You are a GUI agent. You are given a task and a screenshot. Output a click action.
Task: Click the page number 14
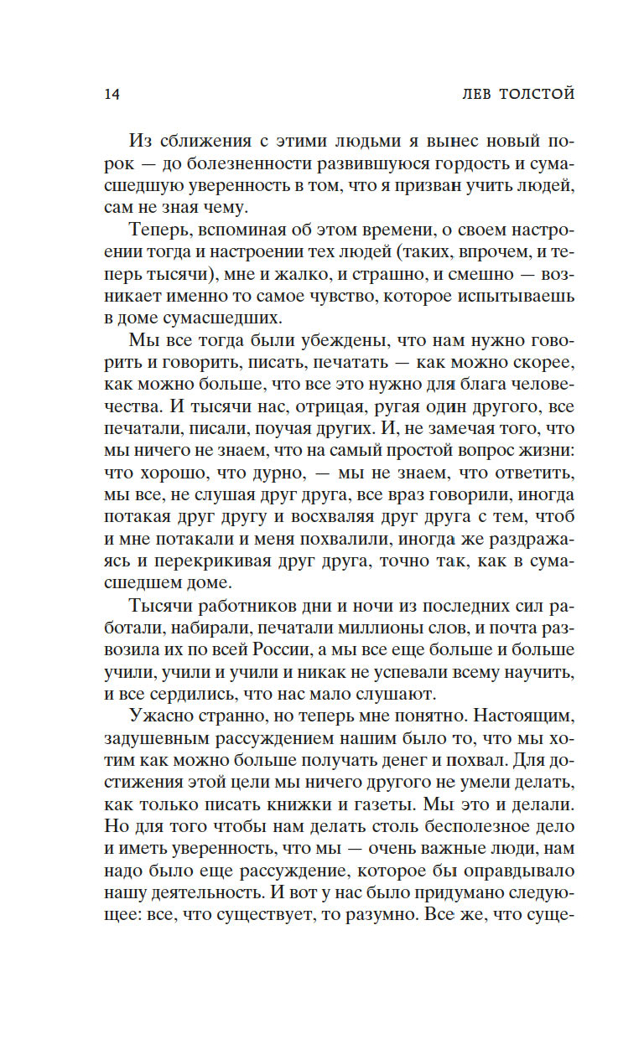(112, 94)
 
